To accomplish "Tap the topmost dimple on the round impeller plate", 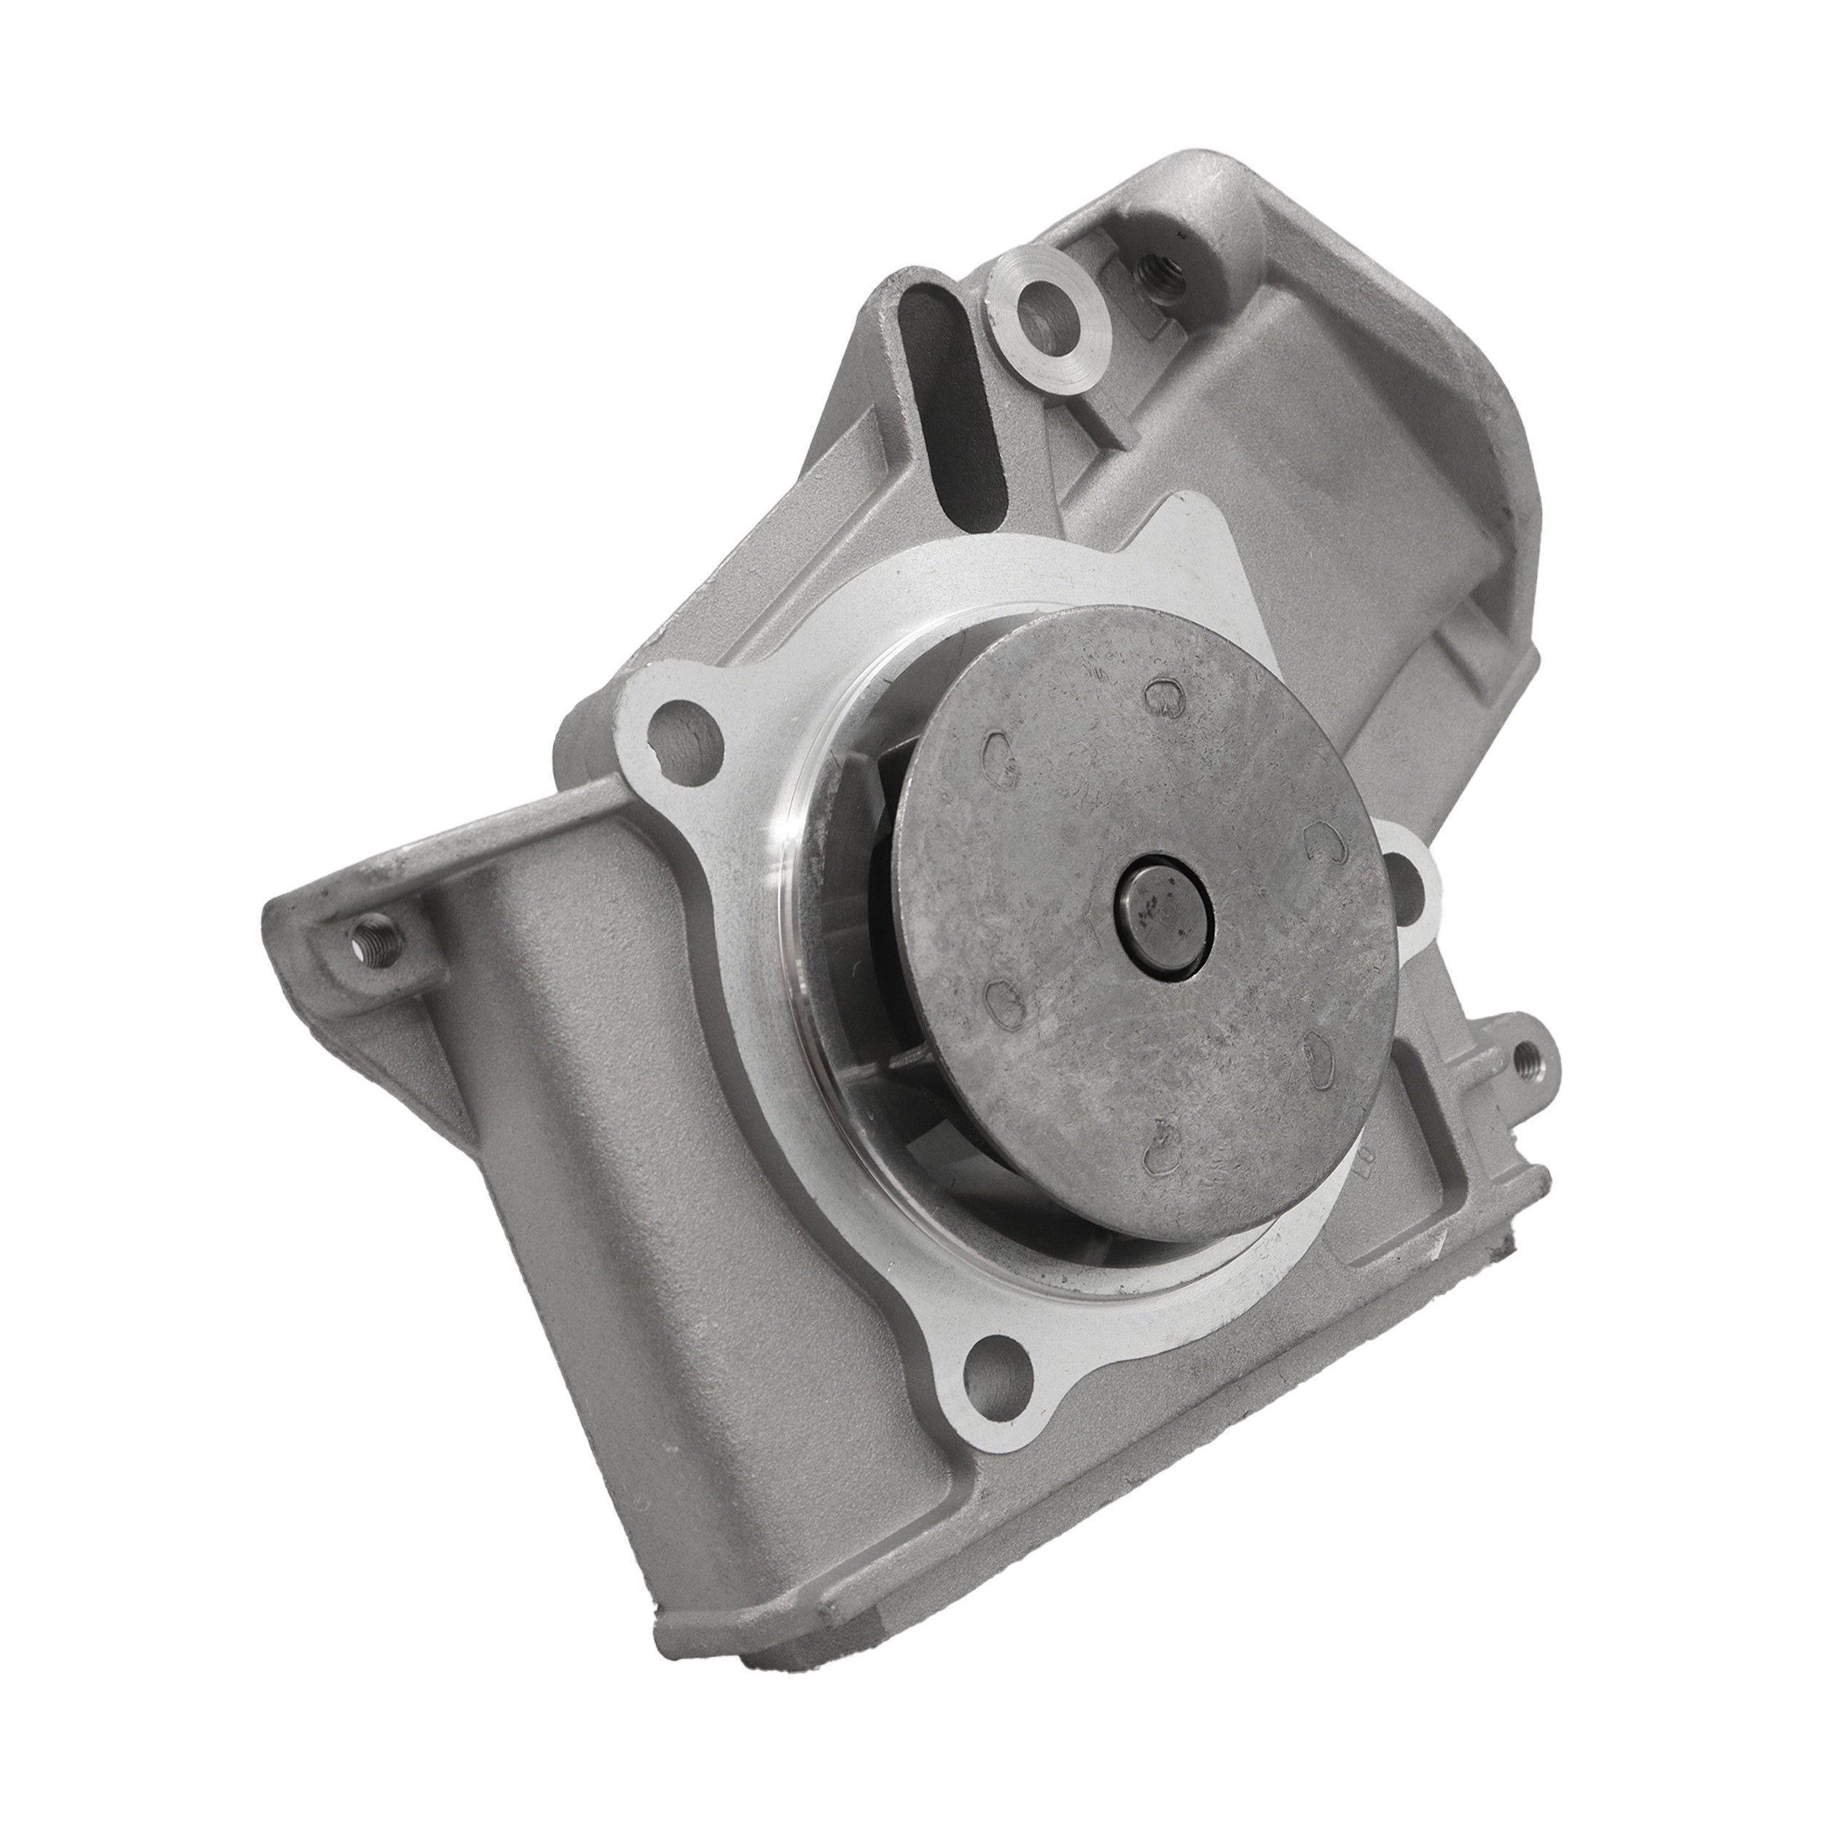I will click(x=1162, y=694).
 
